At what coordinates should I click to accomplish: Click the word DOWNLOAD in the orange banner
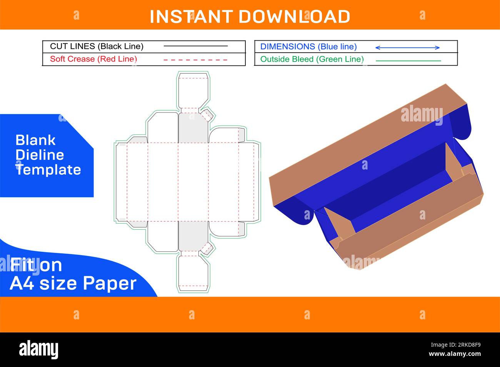[294, 17]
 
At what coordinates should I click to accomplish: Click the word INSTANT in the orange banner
[191, 17]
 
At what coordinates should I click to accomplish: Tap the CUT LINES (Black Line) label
[97, 46]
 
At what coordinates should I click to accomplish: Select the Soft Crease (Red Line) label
[93, 59]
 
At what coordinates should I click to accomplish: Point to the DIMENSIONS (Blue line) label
[308, 46]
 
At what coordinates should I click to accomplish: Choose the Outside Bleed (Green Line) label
[312, 59]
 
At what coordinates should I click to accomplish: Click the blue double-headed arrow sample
[407, 48]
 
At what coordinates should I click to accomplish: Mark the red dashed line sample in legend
[195, 60]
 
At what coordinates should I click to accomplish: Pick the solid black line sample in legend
[195, 46]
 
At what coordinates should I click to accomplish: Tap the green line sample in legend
[408, 61]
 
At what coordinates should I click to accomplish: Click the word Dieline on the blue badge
[40, 155]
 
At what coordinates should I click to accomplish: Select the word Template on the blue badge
[48, 170]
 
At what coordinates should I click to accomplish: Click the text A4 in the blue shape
[23, 283]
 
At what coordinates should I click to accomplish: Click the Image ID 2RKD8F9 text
[456, 345]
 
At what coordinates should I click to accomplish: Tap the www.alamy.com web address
[455, 354]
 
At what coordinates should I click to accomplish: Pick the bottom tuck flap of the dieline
[193, 274]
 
